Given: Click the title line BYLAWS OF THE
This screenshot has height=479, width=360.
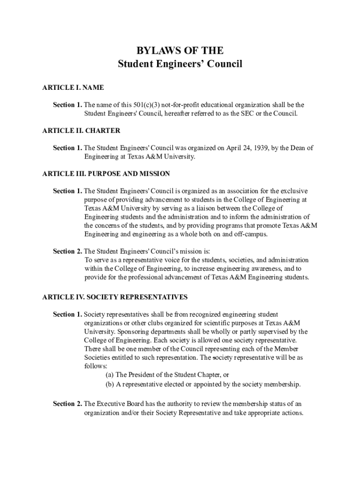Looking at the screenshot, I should tap(180, 51).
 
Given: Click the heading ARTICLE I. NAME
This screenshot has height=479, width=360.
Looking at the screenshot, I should tap(73, 87).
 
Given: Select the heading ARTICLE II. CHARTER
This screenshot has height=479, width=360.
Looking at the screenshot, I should tap(81, 131).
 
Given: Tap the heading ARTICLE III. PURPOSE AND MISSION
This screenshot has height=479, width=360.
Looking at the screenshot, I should tap(106, 174).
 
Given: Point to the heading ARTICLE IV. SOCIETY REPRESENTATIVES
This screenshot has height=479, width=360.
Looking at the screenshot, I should tap(115, 297).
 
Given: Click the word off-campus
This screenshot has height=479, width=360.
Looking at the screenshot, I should tap(250, 234).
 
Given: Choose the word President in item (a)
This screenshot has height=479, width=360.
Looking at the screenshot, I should tap(144, 375).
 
